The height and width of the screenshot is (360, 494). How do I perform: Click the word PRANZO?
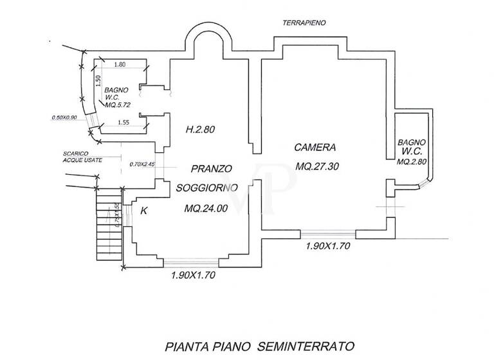pos(211,169)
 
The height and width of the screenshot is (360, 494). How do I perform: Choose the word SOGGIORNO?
pos(207,187)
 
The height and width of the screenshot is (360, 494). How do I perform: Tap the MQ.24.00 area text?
pos(206,208)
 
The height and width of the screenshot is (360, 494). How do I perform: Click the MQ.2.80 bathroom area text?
pos(412,161)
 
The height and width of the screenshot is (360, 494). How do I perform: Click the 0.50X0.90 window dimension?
pos(64,118)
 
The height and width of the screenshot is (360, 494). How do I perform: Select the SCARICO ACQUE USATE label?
pos(77,157)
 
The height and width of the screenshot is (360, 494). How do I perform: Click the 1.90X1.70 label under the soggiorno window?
pos(192,275)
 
